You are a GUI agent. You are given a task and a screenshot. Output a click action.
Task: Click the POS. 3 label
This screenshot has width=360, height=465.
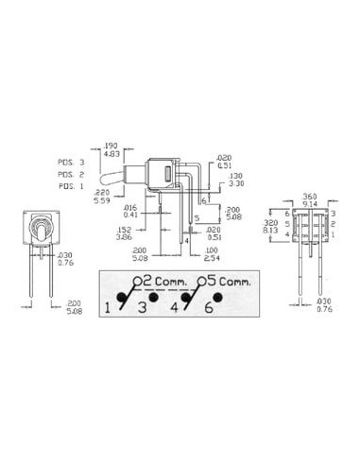coord(72,164)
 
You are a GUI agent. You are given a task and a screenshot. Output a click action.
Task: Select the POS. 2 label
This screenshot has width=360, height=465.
coord(72,174)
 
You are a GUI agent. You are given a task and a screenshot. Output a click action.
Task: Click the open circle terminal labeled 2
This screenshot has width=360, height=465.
coord(137,281)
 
